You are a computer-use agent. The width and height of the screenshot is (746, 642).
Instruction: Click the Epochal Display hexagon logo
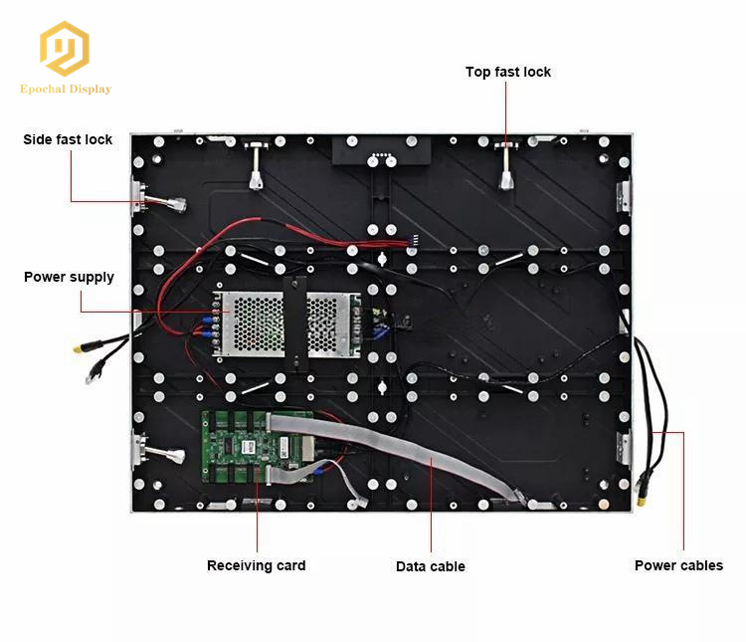65,49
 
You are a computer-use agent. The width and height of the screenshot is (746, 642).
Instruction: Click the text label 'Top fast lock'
508,72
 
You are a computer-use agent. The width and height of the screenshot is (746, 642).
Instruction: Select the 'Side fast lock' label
68,139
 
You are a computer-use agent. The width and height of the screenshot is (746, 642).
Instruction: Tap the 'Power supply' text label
69,277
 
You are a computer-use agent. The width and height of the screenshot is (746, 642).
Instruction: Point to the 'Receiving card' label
256,565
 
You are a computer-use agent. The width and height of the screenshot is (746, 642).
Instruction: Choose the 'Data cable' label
430,566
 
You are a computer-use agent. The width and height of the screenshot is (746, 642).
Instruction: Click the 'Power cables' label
678,565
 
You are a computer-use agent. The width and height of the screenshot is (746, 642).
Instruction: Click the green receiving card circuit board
257,447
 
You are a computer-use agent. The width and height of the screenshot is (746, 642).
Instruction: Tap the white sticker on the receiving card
249,447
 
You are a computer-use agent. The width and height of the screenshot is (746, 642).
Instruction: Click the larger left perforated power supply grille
253,323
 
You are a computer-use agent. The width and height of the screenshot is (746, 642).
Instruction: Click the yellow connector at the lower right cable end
642,501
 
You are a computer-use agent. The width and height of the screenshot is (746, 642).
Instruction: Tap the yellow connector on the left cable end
81,347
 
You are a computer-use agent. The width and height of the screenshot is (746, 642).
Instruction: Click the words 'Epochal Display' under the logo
66,89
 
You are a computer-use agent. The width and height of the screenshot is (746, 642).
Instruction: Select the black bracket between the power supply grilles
295,323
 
